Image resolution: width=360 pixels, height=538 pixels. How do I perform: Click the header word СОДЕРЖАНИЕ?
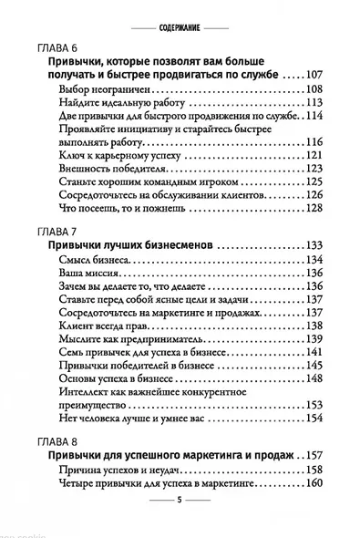(x=180, y=16)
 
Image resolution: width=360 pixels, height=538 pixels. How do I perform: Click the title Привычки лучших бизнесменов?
(x=135, y=246)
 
